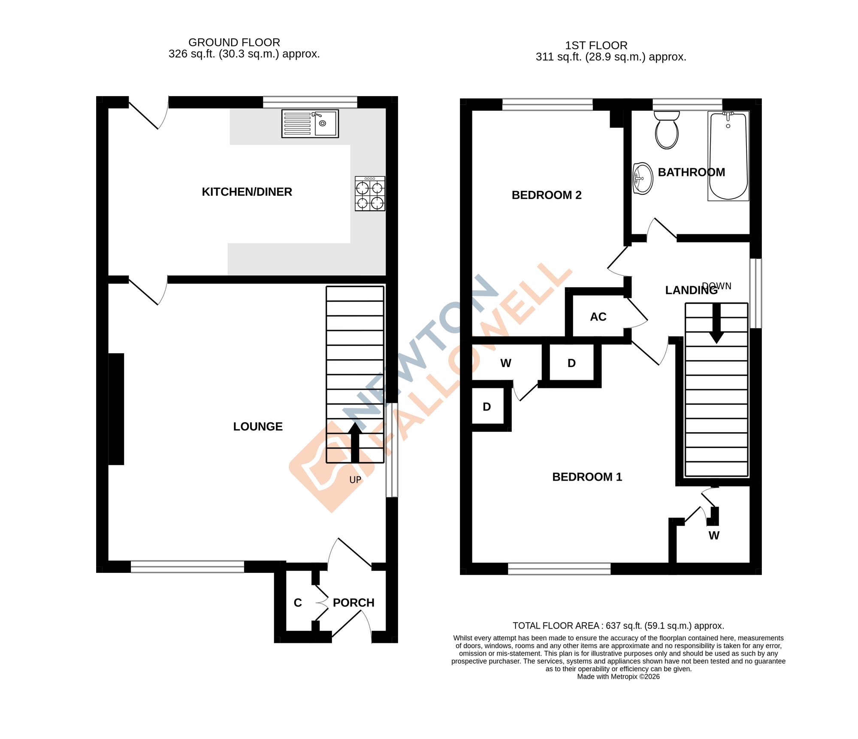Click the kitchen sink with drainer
(310, 124)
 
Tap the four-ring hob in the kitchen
(370, 194)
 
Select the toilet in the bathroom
(667, 130)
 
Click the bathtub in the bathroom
(728, 156)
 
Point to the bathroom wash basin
(643, 179)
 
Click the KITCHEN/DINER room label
(247, 192)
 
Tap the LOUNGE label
(258, 427)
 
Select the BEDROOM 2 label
(546, 195)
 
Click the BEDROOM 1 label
(587, 477)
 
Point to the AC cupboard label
(598, 317)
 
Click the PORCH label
(353, 603)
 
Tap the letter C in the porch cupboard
(298, 603)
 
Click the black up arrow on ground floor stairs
(355, 442)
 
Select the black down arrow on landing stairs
(716, 324)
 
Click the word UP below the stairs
(355, 480)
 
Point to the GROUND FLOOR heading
(234, 42)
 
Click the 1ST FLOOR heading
(596, 45)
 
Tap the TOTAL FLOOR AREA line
(618, 626)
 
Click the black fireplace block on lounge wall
(116, 409)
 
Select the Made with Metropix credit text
(618, 677)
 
